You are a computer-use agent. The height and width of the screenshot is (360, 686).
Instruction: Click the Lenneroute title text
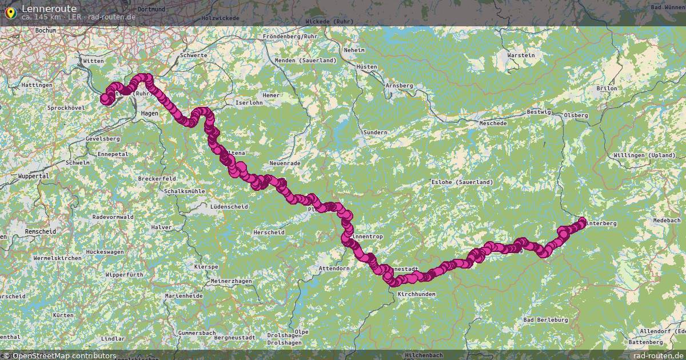coord(49,9)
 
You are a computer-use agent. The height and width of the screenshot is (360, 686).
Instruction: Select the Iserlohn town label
coord(248,103)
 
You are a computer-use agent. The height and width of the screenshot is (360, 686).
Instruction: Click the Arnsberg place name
coord(399,86)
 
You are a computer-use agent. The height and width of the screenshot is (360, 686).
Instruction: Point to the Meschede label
coord(493,123)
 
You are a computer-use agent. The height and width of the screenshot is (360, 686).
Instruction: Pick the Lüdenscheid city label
coord(229,206)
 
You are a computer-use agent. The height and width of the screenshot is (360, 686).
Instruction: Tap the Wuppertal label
coord(33,177)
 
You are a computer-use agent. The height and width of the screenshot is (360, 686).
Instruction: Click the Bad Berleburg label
coord(545,320)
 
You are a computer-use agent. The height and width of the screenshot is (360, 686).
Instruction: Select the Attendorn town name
coord(334,268)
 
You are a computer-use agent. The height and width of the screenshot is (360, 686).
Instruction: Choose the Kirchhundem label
coord(416,294)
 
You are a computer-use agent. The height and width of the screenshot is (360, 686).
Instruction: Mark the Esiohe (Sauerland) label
coord(462,182)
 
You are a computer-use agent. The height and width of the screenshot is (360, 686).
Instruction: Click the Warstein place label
coord(521,55)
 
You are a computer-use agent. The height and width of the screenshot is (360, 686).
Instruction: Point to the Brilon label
coord(607,89)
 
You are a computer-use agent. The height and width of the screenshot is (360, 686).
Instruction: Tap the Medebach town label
coord(667,221)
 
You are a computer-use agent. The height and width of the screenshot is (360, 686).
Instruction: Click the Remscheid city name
coord(41,231)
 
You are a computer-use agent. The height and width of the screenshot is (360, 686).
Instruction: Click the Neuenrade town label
coord(285,163)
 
